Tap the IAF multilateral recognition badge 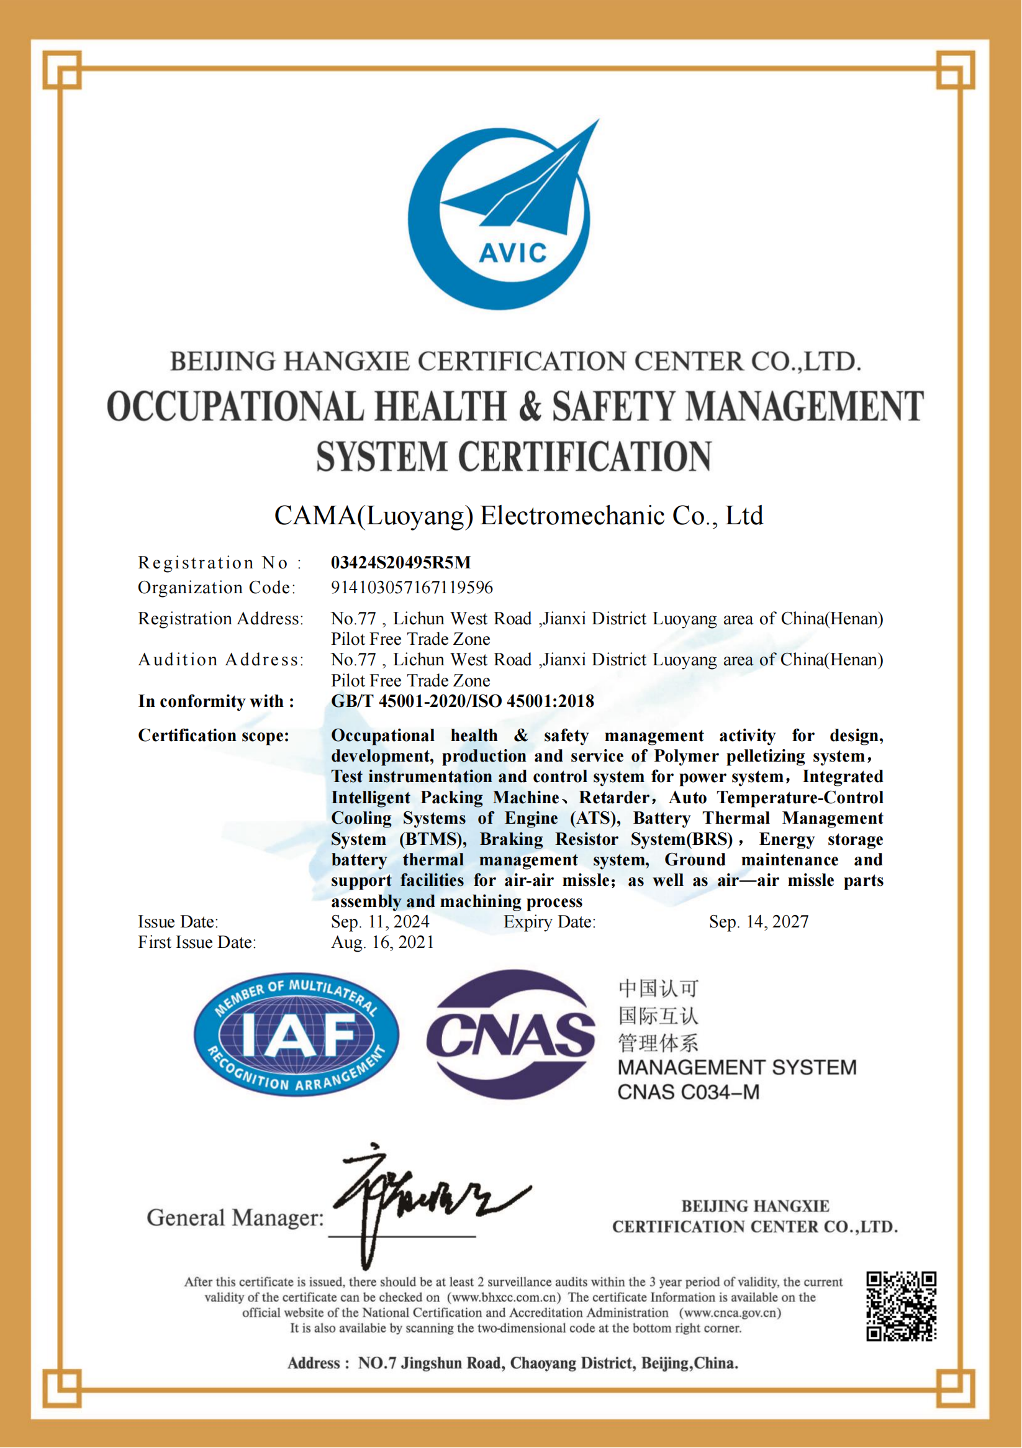click(296, 1034)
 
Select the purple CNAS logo click(510, 1035)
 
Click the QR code click(901, 1306)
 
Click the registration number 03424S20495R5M click(401, 563)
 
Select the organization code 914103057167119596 click(412, 588)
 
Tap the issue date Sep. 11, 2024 click(379, 922)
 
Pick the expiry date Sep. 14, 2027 click(759, 922)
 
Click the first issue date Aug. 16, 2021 click(382, 943)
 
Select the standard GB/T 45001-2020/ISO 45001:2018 click(462, 701)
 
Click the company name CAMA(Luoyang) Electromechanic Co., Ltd click(518, 516)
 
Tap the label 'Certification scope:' click(213, 735)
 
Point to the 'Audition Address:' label click(220, 660)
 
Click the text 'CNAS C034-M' click(688, 1092)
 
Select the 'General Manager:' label click(235, 1218)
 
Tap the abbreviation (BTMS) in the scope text click(433, 839)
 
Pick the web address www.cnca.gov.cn click(730, 1313)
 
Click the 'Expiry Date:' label click(549, 922)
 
